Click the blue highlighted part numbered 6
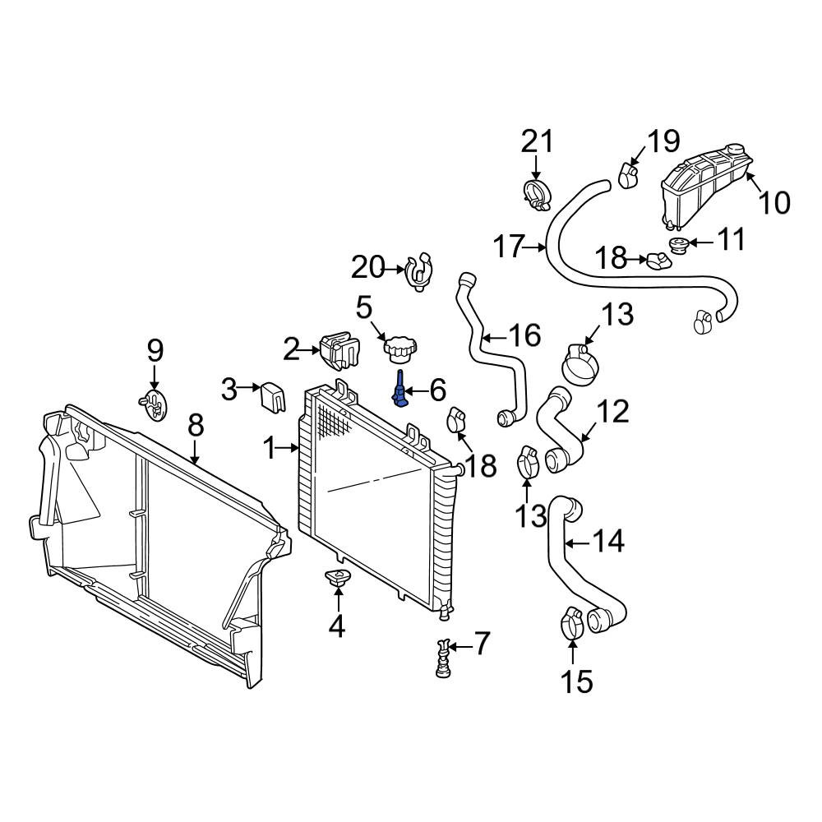pyautogui.click(x=400, y=389)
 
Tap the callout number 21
pyautogui.click(x=537, y=141)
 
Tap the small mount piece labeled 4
pyautogui.click(x=338, y=578)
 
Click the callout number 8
pyautogui.click(x=195, y=426)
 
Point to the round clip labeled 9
pyautogui.click(x=155, y=404)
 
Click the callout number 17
pyautogui.click(x=509, y=247)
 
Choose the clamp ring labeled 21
pyautogui.click(x=538, y=195)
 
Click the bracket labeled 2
pyautogui.click(x=339, y=351)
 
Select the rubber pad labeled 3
pyautogui.click(x=273, y=397)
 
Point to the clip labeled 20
pyautogui.click(x=421, y=271)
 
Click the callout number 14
pyautogui.click(x=608, y=541)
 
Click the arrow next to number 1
pyautogui.click(x=289, y=448)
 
